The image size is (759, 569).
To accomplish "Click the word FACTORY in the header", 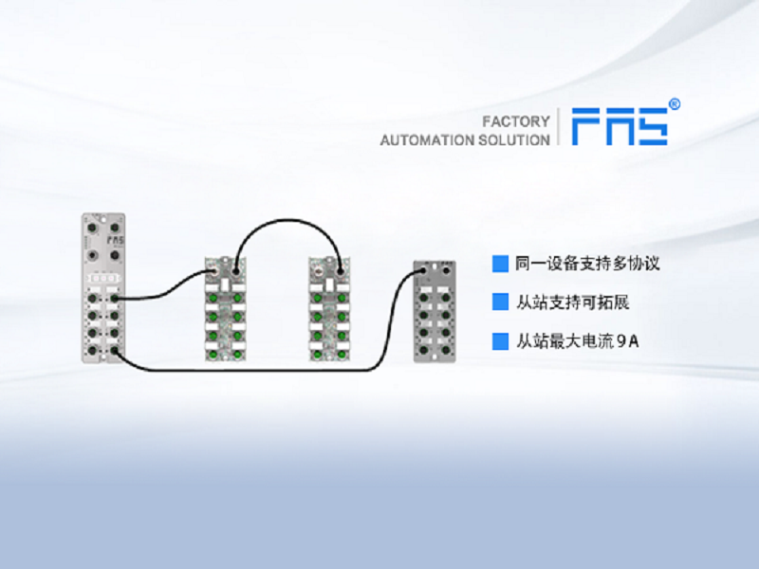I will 516,121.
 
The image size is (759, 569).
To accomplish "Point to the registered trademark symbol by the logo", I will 675,103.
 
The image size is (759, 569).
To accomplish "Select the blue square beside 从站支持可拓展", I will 500,303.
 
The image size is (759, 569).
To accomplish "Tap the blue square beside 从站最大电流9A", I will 500,341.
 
